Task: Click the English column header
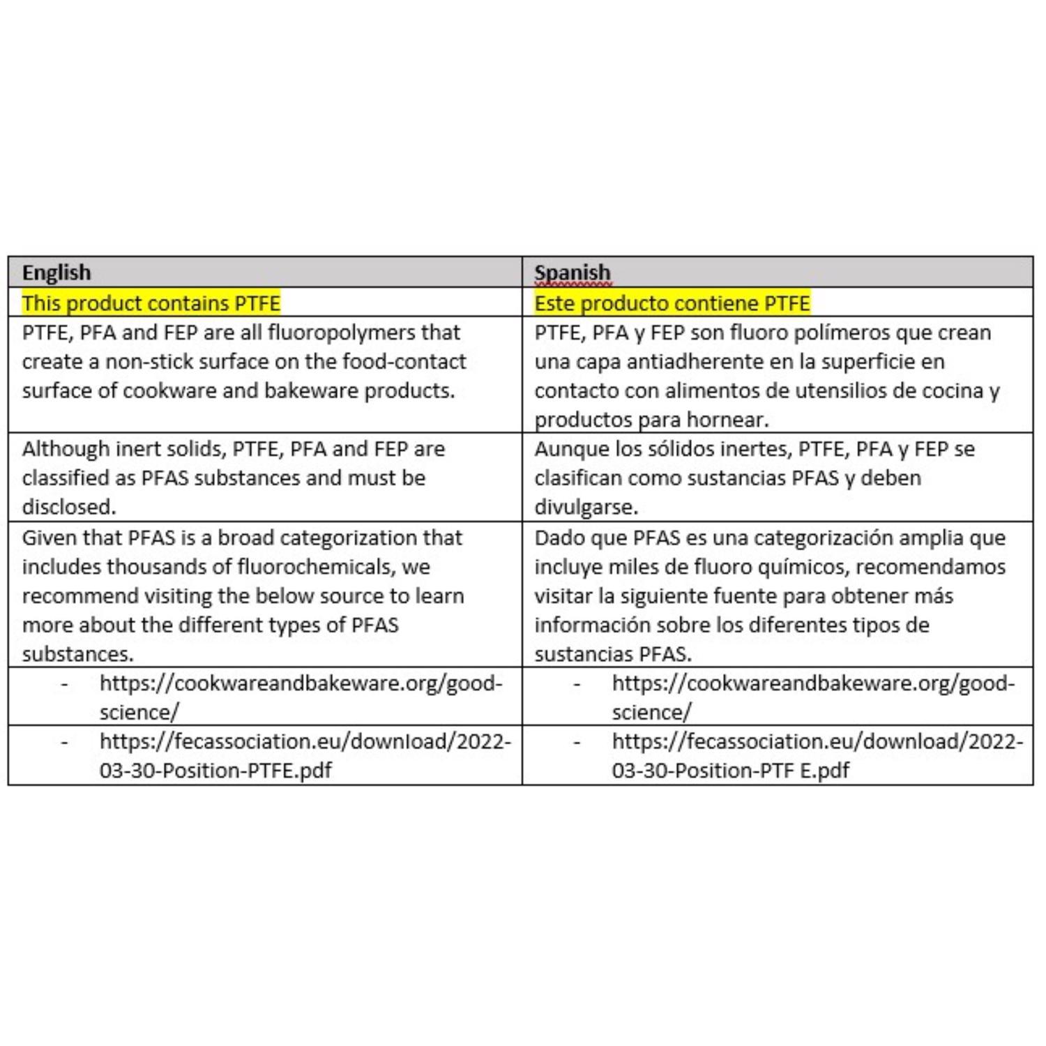click(x=56, y=272)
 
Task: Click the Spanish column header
click(x=572, y=272)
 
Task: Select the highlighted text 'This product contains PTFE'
click(x=151, y=303)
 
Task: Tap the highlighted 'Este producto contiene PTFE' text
click(x=672, y=303)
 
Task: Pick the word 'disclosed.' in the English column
click(x=69, y=507)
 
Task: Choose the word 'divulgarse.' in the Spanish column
click(x=586, y=507)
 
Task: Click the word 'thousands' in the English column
click(x=156, y=566)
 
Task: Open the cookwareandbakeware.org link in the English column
click(x=301, y=683)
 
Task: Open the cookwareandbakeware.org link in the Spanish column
click(x=813, y=683)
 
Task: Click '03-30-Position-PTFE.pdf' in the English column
click(x=215, y=771)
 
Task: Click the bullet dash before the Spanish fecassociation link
click(x=577, y=742)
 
